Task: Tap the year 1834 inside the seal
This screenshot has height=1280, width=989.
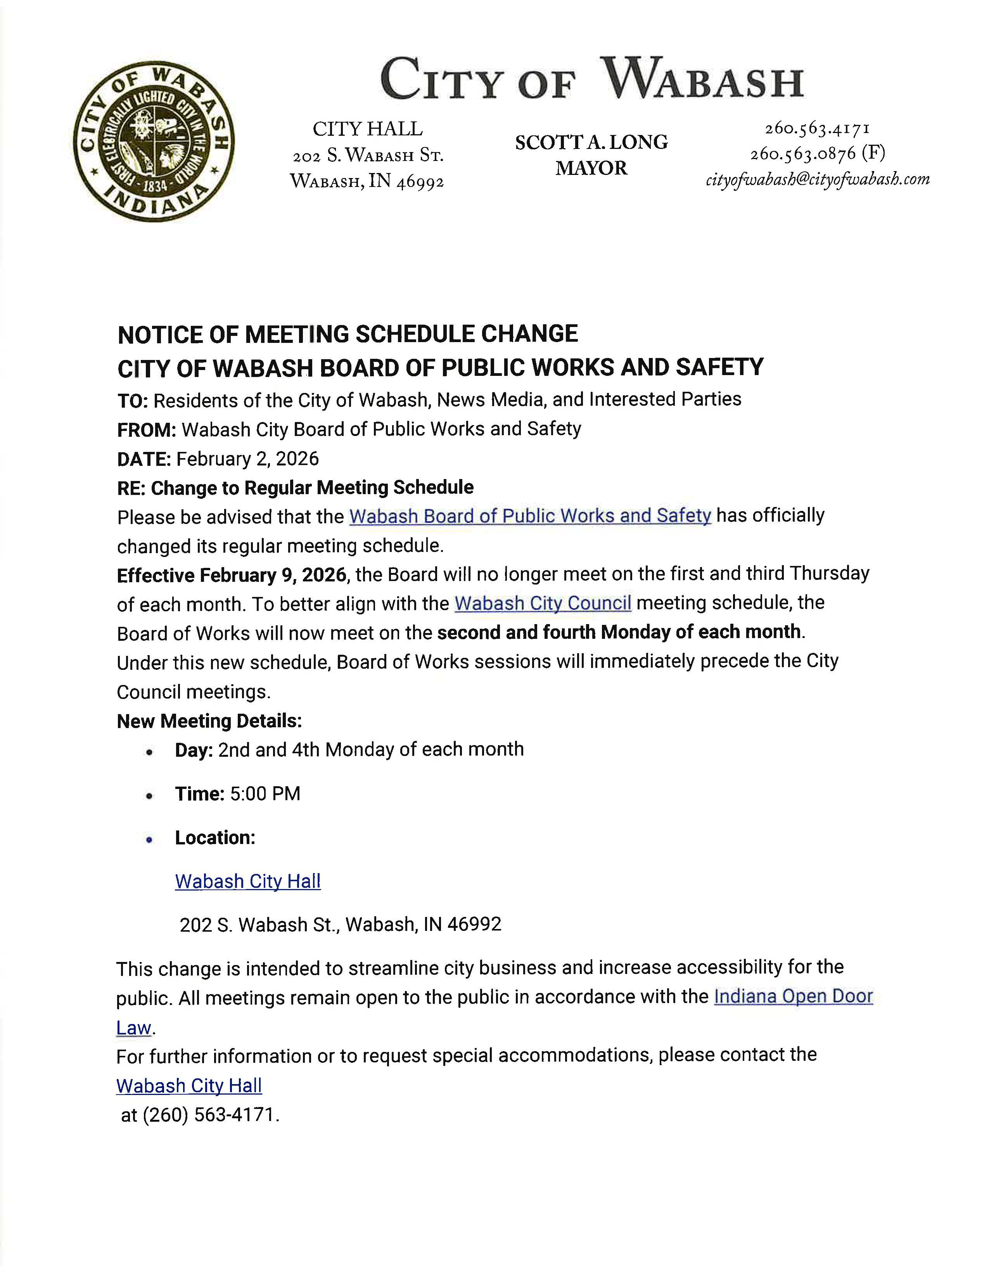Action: [x=154, y=186]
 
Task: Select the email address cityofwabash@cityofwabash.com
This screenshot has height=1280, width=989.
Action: [x=817, y=179]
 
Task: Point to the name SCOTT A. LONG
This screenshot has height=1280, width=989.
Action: [x=591, y=142]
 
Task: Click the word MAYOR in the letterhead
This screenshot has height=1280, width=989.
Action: [x=591, y=168]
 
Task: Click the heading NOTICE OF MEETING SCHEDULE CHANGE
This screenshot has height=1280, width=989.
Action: [x=348, y=334]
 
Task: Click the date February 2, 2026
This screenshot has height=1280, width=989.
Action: [x=247, y=458]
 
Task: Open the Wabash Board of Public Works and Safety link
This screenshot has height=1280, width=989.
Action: [x=530, y=516]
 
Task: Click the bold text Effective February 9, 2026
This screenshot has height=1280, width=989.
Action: [x=232, y=575]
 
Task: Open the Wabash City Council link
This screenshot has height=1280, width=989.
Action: [x=543, y=603]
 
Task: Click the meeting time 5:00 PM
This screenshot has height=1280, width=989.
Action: [x=265, y=794]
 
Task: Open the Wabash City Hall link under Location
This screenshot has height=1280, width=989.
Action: [x=248, y=882]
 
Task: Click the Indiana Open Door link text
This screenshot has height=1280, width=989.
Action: [x=793, y=996]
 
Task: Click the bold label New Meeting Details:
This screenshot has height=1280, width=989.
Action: [x=209, y=721]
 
